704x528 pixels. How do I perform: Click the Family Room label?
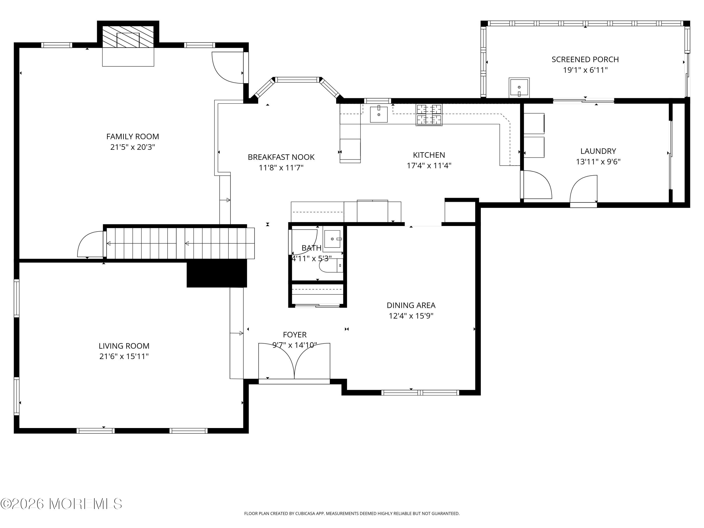[132, 137]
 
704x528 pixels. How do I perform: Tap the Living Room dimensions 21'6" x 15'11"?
[124, 356]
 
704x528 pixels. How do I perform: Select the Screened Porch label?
[585, 60]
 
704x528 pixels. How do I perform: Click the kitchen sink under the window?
[379, 115]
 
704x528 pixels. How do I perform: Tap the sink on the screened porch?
[519, 88]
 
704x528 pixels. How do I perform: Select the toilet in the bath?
[331, 265]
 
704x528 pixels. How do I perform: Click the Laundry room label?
[598, 151]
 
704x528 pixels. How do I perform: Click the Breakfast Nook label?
[281, 157]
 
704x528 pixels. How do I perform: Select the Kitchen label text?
[429, 155]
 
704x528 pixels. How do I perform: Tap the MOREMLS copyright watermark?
[61, 504]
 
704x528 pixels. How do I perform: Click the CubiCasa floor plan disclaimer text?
[352, 513]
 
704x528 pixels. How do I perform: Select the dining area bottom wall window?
[420, 392]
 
